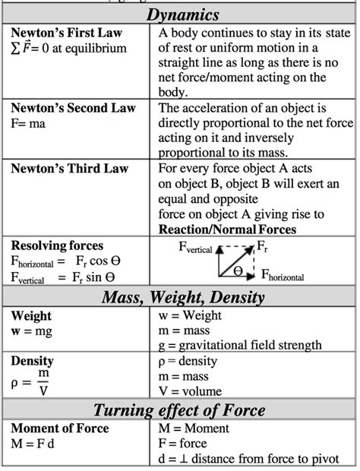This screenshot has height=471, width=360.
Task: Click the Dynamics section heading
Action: point(183,14)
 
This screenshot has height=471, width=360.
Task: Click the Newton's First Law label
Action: point(66,34)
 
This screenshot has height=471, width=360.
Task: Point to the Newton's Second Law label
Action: point(72,108)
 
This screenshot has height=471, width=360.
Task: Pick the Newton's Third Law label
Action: point(69,168)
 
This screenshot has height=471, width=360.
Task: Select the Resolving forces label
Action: point(57,246)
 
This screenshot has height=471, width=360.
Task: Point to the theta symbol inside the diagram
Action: point(238,270)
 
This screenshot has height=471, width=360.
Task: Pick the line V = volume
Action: point(195,392)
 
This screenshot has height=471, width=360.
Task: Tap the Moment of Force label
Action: point(61,428)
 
